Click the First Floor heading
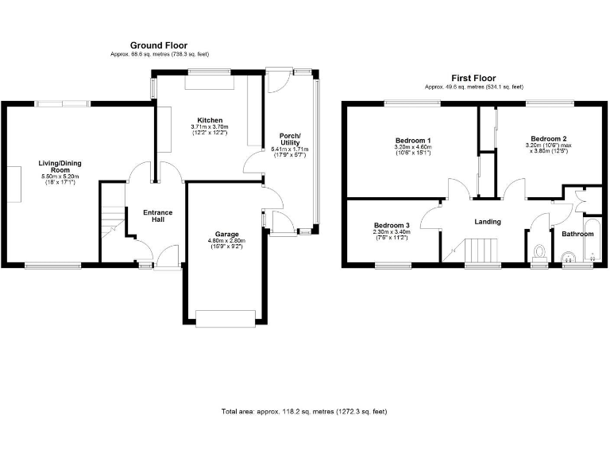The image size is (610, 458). pyautogui.click(x=473, y=78)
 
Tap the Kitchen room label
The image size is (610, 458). pyautogui.click(x=210, y=120)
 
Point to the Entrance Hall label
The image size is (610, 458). pyautogui.click(x=156, y=216)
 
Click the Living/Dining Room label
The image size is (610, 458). pyautogui.click(x=60, y=167)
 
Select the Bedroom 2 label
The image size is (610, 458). pyautogui.click(x=549, y=138)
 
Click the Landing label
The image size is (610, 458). pyautogui.click(x=487, y=222)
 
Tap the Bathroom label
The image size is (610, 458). pyautogui.click(x=577, y=235)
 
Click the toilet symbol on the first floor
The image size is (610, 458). pyautogui.click(x=541, y=254)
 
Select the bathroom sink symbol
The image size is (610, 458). pyautogui.click(x=569, y=256)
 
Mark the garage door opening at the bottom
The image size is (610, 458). pyautogui.click(x=226, y=319)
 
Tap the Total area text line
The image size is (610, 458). pyautogui.click(x=304, y=412)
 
